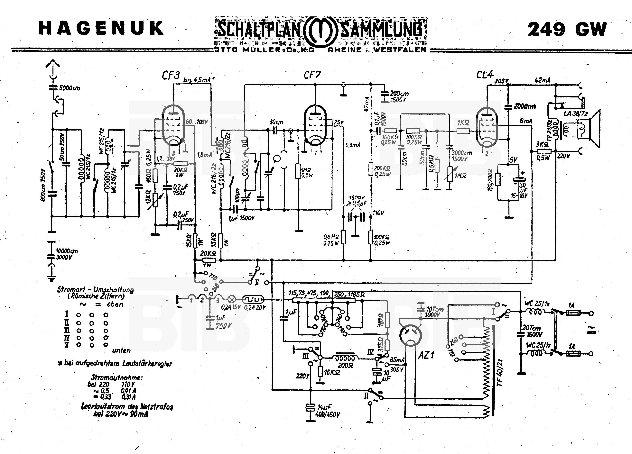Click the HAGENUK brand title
tap(101, 28)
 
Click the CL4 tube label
tap(485, 75)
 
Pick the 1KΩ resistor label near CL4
tap(463, 123)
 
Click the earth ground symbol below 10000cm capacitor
tap(51, 277)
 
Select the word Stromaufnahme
tap(116, 378)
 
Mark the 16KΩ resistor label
tap(332, 372)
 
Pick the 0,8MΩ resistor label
tap(331, 237)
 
